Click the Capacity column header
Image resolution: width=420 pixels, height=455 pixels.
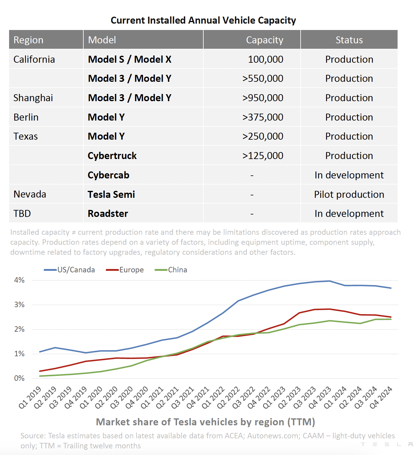coord(264,40)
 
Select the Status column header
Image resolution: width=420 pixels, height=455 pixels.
coord(349,40)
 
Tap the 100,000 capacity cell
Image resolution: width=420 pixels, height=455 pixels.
coord(265,59)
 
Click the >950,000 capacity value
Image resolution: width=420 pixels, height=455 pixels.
coord(262,98)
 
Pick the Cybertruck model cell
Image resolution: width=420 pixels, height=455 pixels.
coord(112,156)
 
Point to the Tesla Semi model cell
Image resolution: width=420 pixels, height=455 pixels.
coord(111,194)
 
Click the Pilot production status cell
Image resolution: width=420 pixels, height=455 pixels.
coord(349,194)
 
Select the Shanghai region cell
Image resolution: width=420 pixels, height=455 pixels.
coord(33,98)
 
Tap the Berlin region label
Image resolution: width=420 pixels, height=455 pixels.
coord(26,117)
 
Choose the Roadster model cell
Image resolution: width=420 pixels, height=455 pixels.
coord(108,214)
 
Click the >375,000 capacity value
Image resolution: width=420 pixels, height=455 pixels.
coord(262,117)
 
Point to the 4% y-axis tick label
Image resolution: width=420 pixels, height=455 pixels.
coord(19,280)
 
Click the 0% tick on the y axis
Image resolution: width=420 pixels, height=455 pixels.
coord(19,378)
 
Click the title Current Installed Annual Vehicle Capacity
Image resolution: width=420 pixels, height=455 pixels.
coord(203,20)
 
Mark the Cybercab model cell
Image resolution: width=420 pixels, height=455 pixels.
coord(108,175)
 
